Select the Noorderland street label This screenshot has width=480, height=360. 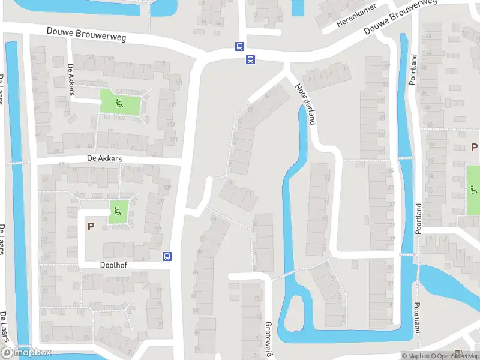tap(305, 103)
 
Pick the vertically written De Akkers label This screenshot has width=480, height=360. tap(71, 80)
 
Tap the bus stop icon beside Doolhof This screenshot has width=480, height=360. tap(167, 256)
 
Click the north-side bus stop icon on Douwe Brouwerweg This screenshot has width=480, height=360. tap(239, 46)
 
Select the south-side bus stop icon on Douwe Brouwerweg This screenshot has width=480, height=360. tap(250, 59)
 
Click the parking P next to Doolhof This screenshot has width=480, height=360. tap(91, 227)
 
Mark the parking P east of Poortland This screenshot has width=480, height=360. tap(474, 147)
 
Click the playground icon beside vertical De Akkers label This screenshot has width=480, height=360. tap(118, 103)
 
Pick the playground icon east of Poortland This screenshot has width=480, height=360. tap(474, 191)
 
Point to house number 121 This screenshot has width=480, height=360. tap(178, 83)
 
